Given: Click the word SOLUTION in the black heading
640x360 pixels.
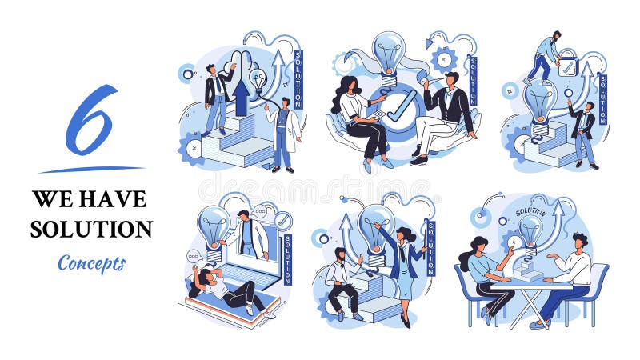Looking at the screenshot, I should click(x=91, y=230).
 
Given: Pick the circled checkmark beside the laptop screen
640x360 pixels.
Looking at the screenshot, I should click(x=282, y=221).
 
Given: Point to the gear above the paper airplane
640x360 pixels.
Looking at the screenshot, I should click(x=445, y=58).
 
